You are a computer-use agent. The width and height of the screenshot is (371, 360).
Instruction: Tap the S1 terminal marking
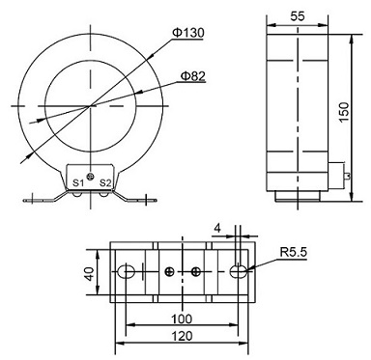pos(76,181)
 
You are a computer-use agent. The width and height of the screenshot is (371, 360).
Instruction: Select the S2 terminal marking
pos(106,181)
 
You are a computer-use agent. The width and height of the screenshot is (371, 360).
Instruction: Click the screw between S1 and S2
pos(91,178)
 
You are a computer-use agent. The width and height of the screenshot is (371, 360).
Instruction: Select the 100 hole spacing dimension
pos(182,318)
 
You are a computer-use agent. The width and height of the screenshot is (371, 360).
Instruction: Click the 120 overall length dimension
pos(182,336)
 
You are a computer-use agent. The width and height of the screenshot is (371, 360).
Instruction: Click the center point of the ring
pos(91,104)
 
